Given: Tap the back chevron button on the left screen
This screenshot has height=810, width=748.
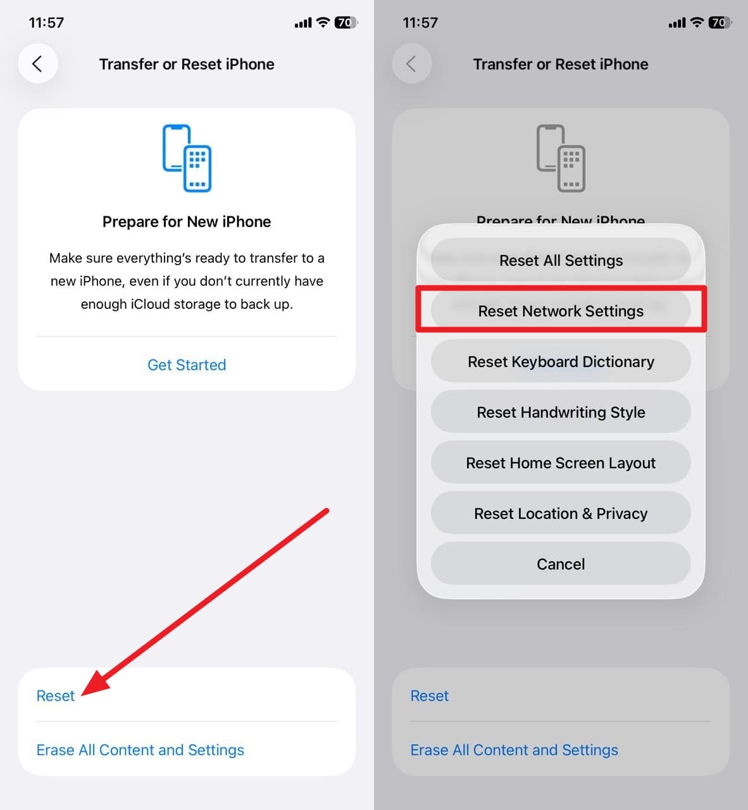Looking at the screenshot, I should point(37,64).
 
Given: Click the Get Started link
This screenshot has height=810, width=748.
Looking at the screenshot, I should point(187,365).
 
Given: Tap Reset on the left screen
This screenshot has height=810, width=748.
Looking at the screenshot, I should point(56,696).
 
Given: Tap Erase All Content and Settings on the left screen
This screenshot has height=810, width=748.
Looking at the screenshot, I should point(140,750).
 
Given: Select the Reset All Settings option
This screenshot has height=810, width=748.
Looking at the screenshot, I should point(561,261).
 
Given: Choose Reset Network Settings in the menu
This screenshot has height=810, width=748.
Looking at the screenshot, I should point(561,311).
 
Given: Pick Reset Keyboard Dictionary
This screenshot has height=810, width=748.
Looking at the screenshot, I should point(561,362).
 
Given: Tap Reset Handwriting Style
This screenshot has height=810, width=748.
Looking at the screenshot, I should point(561,413).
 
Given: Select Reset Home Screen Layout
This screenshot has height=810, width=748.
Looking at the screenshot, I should point(561,463).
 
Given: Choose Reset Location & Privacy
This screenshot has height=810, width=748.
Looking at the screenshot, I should point(561,514).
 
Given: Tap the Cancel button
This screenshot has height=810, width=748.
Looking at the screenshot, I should point(561,564).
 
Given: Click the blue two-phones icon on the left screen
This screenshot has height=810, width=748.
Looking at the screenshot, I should point(187,158).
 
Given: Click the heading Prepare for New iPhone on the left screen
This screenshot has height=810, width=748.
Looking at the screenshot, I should point(187,222).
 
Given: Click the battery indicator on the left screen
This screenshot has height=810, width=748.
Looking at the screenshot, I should point(345,23).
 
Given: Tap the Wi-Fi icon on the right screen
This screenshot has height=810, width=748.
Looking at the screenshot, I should point(697,23).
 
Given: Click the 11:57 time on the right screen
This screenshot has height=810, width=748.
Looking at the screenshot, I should point(420,23).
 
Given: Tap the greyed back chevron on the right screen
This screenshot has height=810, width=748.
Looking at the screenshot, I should point(411,64).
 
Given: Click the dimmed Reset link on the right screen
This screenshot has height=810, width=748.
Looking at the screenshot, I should point(430,696).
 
